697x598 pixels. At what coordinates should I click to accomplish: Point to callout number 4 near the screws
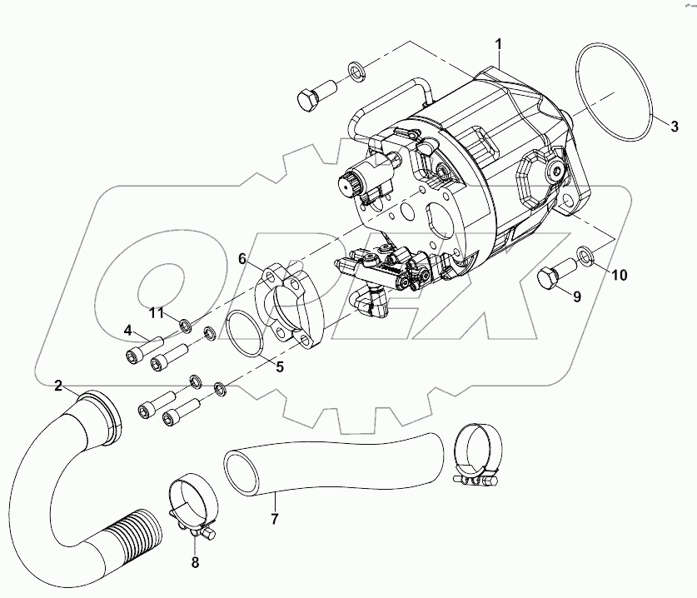click(x=128, y=330)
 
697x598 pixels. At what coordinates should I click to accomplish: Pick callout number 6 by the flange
click(x=242, y=259)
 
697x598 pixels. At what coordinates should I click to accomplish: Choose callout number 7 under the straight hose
click(x=275, y=519)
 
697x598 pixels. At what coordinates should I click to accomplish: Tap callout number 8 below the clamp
click(x=195, y=562)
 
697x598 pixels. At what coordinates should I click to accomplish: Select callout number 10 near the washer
click(x=616, y=274)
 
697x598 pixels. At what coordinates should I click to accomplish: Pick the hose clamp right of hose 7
click(x=480, y=454)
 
